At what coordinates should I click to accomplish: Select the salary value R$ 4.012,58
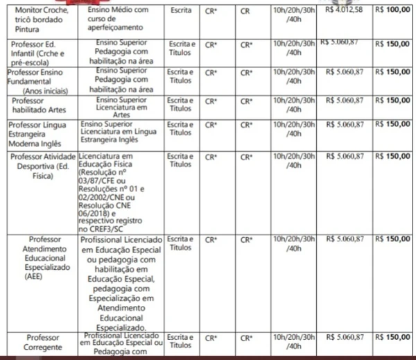343,10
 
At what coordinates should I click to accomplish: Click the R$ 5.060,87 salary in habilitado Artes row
343,100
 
